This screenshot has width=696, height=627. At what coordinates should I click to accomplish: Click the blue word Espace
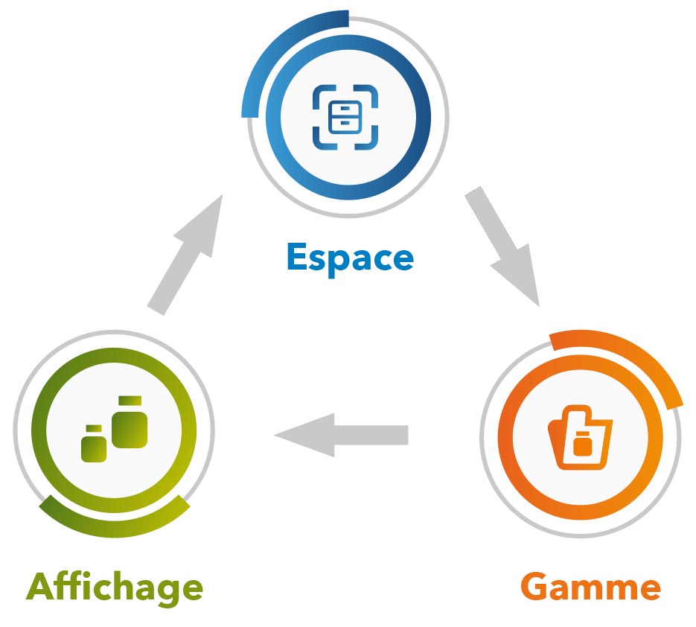tap(349, 258)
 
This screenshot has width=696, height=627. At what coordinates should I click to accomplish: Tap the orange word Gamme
tap(590, 587)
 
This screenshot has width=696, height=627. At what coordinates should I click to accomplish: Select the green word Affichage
tap(115, 587)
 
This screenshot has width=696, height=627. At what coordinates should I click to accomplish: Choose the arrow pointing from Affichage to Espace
tap(187, 253)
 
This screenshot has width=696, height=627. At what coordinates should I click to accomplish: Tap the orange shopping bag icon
tap(580, 440)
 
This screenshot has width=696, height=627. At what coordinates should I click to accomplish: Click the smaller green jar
tap(94, 445)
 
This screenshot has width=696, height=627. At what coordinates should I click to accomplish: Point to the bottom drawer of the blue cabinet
tap(345, 124)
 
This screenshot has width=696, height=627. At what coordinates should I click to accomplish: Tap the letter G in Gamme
tap(534, 587)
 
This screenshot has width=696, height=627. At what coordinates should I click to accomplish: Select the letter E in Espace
tap(297, 258)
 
